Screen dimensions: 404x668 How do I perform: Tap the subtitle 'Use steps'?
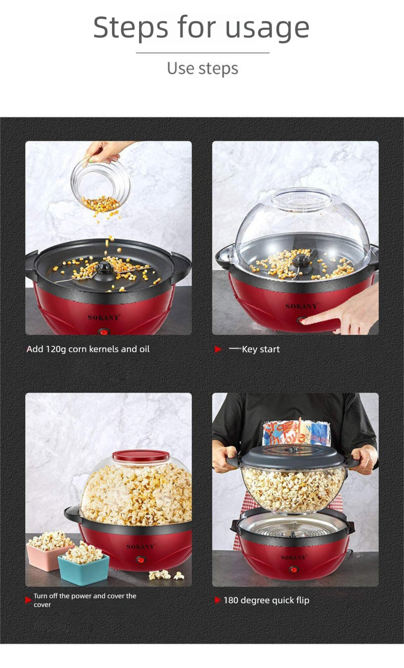[x=203, y=69]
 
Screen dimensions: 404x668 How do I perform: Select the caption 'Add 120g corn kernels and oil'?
[x=88, y=349]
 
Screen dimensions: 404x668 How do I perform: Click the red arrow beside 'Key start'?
[x=218, y=349]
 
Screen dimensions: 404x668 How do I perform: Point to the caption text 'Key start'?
[x=261, y=349]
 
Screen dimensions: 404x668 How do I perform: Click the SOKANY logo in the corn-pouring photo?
[x=104, y=317]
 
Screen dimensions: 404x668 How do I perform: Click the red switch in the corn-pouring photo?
[x=103, y=331]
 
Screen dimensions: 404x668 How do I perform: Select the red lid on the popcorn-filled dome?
[x=141, y=455]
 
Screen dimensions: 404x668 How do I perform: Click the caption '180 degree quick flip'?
[x=266, y=600]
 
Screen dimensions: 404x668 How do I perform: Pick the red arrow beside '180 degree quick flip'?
[x=218, y=600]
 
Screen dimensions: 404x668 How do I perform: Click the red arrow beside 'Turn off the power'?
[x=28, y=600]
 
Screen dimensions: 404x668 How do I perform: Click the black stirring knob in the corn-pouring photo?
[x=104, y=268]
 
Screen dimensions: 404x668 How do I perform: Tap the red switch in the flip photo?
[x=294, y=570]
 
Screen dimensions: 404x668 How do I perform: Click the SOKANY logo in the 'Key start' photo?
[x=302, y=306]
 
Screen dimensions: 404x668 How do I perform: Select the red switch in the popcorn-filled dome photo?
[x=141, y=560]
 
